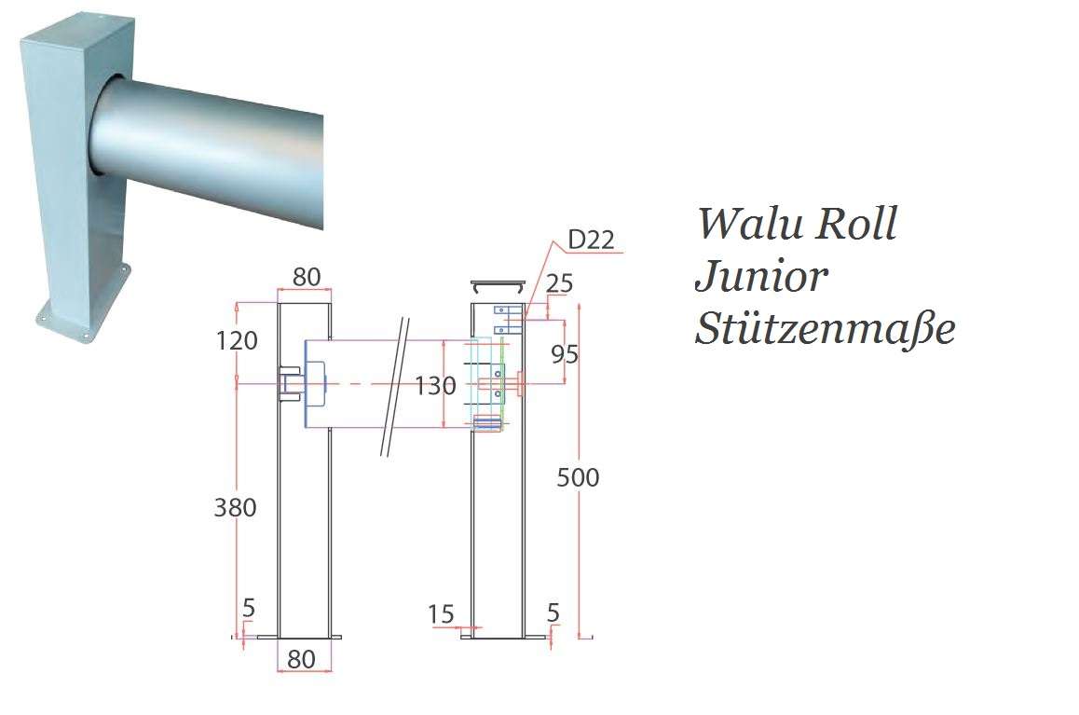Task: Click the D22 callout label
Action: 591,240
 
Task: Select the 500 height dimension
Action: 578,477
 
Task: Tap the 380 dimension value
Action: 235,508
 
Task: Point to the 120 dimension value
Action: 236,341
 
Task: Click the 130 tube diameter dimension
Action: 435,385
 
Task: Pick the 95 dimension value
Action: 565,354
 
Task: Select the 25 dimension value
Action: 559,283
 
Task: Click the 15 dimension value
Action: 441,613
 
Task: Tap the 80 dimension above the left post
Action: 307,278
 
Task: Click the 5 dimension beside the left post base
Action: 248,608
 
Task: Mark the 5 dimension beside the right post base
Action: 553,612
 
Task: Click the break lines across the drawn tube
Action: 395,387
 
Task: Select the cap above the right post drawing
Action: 499,282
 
